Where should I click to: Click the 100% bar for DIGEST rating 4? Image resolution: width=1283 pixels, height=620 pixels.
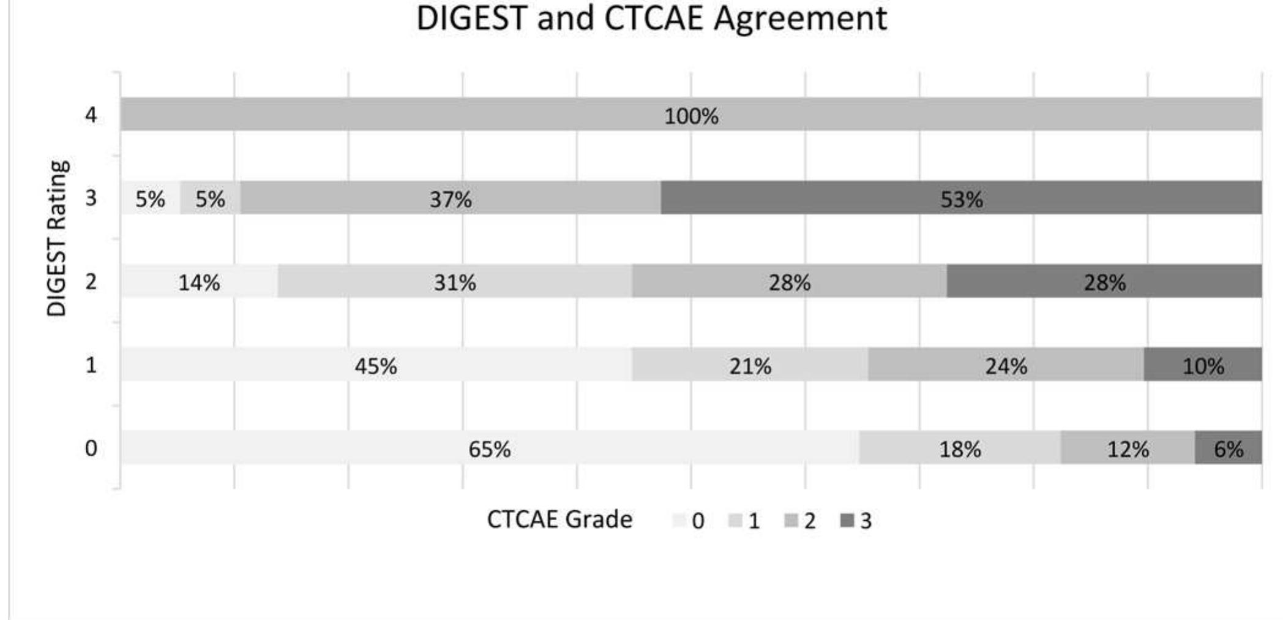690,115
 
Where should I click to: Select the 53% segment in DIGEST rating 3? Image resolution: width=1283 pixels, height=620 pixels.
961,198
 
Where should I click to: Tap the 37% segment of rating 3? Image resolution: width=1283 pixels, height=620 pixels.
451,198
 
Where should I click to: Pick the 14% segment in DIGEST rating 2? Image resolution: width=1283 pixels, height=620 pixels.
199,281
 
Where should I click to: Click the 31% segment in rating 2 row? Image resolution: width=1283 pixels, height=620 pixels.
454,281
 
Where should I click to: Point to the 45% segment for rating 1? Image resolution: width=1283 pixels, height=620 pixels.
376,365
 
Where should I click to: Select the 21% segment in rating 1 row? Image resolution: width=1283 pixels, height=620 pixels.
750,365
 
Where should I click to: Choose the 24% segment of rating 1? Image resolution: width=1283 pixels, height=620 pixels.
1006,365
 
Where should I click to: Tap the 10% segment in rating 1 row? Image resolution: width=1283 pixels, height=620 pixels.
1203,365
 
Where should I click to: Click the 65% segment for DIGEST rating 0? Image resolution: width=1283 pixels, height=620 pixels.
489,448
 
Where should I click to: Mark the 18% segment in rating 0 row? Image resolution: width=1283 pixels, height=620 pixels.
959,448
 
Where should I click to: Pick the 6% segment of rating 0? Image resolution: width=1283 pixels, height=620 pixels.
1228,448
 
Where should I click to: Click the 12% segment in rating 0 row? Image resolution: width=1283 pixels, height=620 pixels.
1128,448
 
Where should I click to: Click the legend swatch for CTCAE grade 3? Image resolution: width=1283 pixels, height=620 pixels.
847,521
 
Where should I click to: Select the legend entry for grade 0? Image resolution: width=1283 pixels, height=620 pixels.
689,521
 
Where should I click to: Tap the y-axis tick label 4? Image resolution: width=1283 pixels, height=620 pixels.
91,115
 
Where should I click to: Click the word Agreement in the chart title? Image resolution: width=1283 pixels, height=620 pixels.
800,18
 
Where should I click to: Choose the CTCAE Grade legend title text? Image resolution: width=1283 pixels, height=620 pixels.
559,520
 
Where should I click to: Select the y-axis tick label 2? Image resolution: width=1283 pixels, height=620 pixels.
91,281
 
